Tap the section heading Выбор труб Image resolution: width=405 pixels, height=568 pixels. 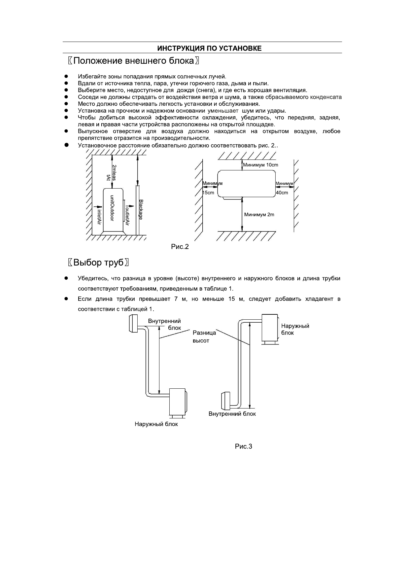(98, 263)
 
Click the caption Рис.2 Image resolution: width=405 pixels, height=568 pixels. (180, 247)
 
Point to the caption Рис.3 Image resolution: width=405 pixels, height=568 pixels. (244, 446)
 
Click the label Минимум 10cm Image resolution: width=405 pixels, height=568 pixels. (260, 165)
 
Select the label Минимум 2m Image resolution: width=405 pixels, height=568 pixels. (259, 215)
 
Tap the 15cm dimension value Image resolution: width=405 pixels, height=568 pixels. (208, 193)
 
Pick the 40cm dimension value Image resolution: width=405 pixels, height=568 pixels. (282, 193)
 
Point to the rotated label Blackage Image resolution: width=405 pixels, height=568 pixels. (141, 209)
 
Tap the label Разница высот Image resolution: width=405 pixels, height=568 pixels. (204, 337)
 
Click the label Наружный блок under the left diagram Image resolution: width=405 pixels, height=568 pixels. (156, 424)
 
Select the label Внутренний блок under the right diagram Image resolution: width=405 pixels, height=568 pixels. (232, 414)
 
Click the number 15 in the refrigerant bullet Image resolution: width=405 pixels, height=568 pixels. (231, 299)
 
